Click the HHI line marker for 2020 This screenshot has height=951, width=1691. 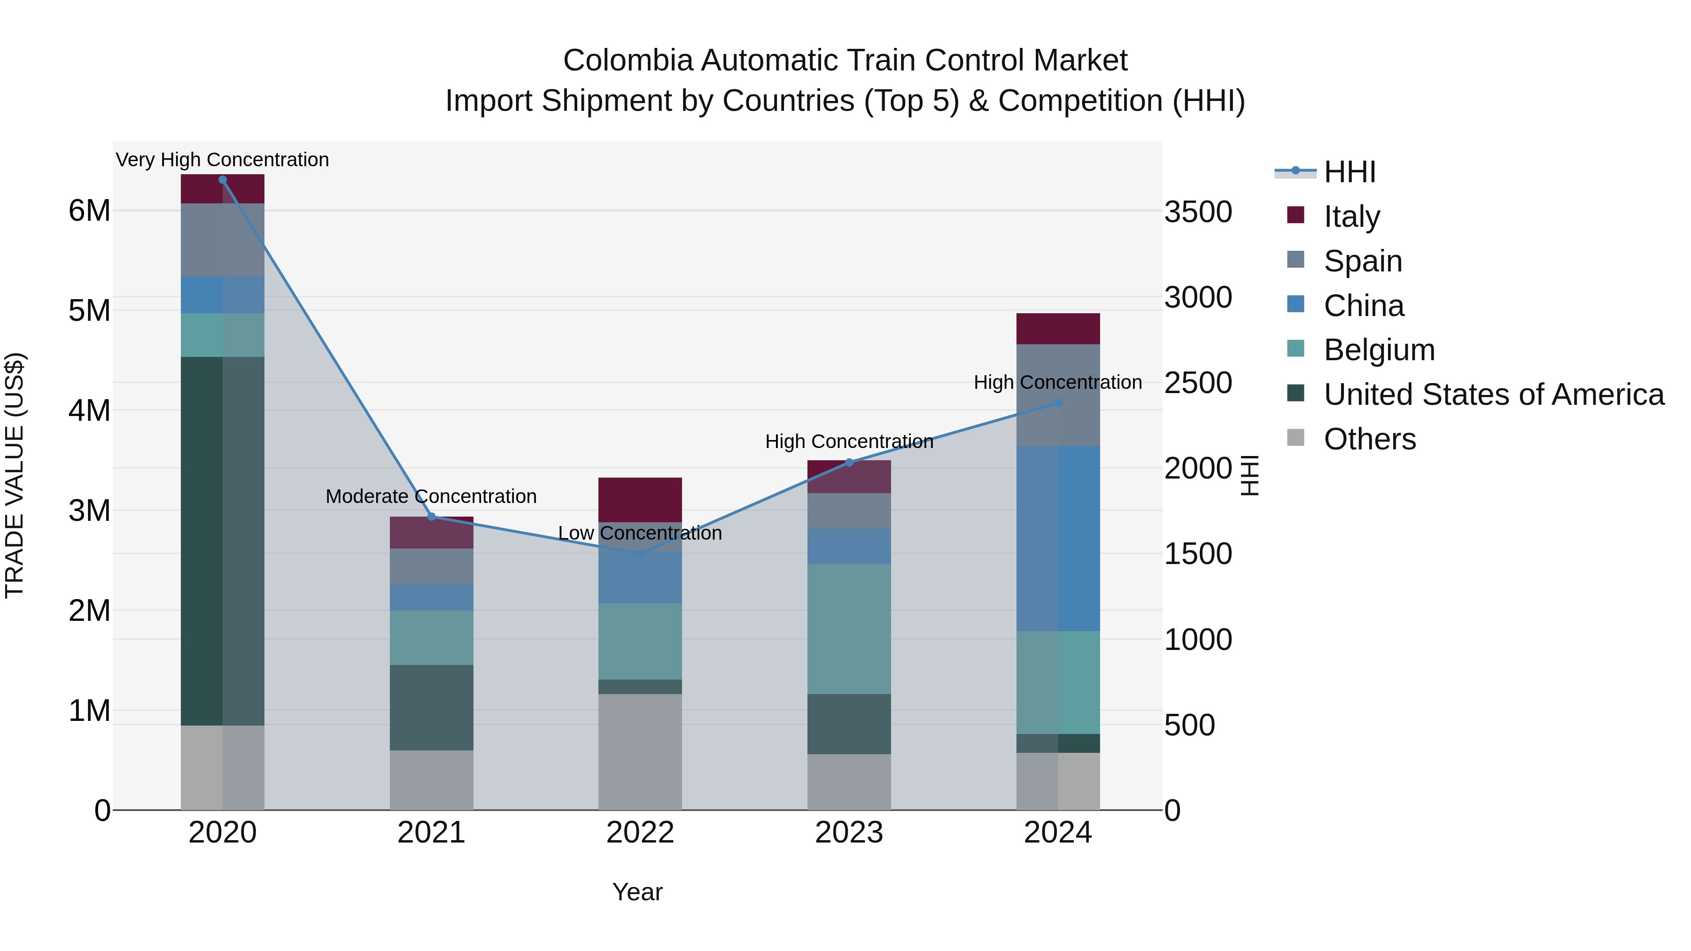(223, 180)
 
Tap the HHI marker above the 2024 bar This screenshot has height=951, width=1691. (1057, 403)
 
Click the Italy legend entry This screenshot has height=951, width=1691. (1351, 216)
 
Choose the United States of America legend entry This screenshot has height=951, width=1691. (1493, 394)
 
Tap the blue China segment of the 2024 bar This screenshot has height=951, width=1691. (1057, 538)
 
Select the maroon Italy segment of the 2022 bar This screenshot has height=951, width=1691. (640, 500)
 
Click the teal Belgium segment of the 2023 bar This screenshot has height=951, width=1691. (849, 629)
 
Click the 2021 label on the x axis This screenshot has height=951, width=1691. (431, 833)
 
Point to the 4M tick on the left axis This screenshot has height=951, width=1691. (89, 411)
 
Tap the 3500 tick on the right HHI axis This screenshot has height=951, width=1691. (1198, 212)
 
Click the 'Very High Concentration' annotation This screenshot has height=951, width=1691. (223, 160)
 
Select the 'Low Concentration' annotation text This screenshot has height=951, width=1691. (640, 533)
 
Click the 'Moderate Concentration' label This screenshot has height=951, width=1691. (431, 496)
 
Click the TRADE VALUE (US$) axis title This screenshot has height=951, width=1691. (15, 475)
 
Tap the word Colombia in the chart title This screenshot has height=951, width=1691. (628, 61)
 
